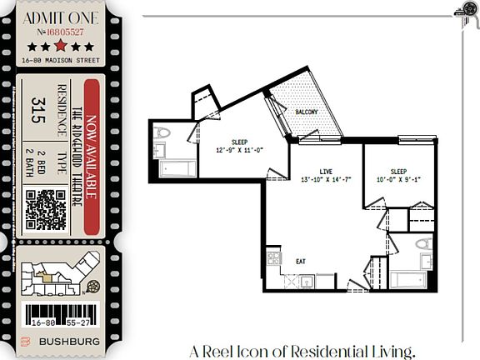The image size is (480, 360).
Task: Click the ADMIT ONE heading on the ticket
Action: coord(62,17)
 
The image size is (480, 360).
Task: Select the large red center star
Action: coord(61,46)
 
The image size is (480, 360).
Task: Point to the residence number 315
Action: coord(37,109)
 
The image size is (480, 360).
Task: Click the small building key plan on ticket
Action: coord(55,276)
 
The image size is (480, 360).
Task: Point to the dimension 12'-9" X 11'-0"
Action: coord(239,150)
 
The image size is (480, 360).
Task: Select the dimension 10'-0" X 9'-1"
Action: coord(399,177)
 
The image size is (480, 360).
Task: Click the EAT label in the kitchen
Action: coord(301,261)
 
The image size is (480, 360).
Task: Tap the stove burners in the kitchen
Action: coord(272,259)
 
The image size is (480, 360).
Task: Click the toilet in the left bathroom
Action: coord(163,133)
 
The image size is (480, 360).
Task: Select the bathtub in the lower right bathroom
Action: coord(407,279)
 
